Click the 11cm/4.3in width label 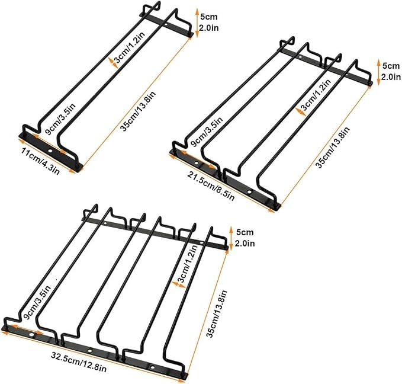pyautogui.click(x=41, y=161)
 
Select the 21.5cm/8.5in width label pyautogui.click(x=211, y=186)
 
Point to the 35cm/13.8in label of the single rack pyautogui.click(x=138, y=111)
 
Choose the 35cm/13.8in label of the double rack pyautogui.click(x=333, y=148)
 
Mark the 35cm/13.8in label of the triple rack pyautogui.click(x=217, y=314)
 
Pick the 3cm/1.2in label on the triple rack pyautogui.click(x=188, y=263)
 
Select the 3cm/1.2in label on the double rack pyautogui.click(x=316, y=94)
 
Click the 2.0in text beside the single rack pyautogui.click(x=209, y=28)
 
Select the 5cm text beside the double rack pyautogui.click(x=391, y=66)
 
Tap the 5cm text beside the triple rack pyautogui.click(x=245, y=232)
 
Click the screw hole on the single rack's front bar pyautogui.click(x=50, y=151)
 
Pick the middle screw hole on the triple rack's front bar pyautogui.click(x=89, y=351)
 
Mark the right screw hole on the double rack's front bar pyautogui.click(x=249, y=191)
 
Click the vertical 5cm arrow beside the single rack pyautogui.click(x=197, y=23)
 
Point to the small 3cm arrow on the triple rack pyautogui.click(x=179, y=284)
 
